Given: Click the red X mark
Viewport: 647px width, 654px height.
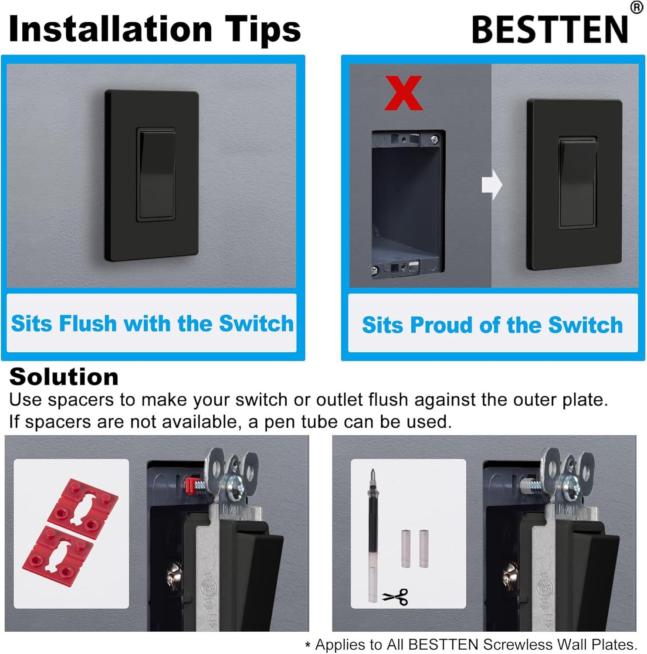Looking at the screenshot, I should tap(403, 93).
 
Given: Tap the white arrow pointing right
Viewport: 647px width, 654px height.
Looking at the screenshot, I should tap(492, 185).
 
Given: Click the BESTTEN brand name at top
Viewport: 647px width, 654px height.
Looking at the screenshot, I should tap(550, 30).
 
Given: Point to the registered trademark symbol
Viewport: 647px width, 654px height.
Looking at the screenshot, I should tap(637, 7).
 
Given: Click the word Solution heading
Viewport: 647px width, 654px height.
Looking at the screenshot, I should tap(64, 377).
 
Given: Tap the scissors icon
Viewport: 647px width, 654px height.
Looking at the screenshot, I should tap(395, 596).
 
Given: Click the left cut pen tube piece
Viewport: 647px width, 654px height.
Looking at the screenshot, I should tap(406, 548).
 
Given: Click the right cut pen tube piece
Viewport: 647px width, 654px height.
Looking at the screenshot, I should tap(424, 548).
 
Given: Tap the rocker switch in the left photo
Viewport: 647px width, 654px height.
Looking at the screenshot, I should tap(156, 174).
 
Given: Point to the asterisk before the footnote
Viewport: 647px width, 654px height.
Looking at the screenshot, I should tap(308, 646).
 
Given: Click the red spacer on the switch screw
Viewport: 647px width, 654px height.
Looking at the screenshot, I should tap(190, 484).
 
